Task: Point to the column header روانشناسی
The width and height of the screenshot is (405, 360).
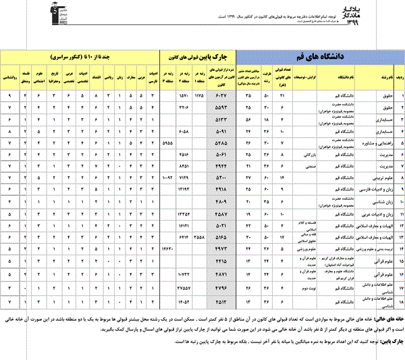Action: pos(9,77)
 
